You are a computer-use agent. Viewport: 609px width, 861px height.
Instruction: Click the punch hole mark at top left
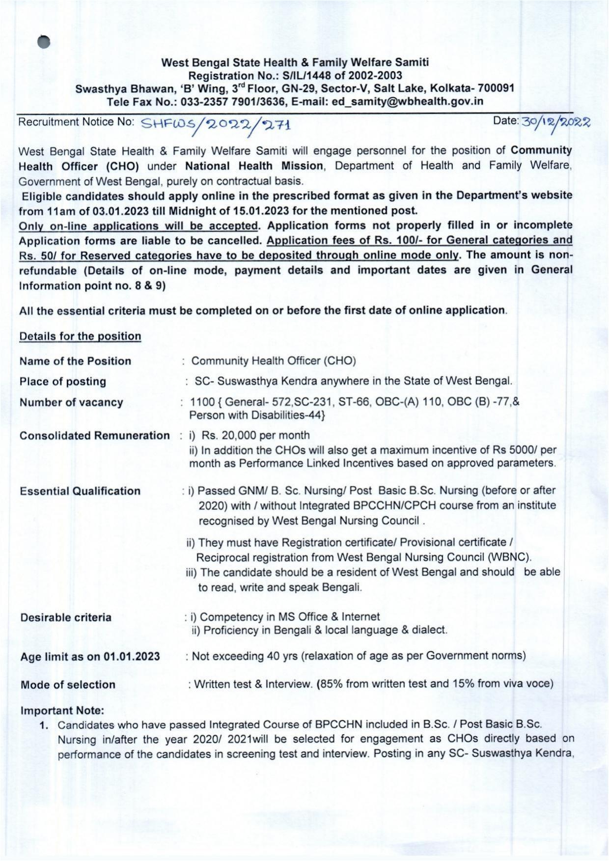pos(44,42)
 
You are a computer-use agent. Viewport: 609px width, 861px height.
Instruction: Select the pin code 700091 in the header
pos(496,88)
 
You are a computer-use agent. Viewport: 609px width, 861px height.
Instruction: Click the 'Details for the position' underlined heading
pos(80,336)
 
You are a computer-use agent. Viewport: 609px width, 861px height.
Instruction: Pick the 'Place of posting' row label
pos(63,382)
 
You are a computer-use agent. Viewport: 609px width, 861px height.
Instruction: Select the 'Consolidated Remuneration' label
pos(94,436)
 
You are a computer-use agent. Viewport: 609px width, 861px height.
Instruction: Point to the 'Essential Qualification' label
pos(80,491)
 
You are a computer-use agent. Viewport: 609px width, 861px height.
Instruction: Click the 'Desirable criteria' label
pos(66,617)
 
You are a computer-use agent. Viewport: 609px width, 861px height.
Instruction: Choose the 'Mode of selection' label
pos(68,685)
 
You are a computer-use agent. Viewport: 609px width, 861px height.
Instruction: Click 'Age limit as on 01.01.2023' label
pos(90,657)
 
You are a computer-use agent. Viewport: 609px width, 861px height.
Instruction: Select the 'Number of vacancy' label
pos(71,402)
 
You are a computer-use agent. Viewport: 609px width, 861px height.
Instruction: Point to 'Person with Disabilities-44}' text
pos(257,416)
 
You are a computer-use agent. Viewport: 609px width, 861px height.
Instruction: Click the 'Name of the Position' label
pos(75,361)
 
